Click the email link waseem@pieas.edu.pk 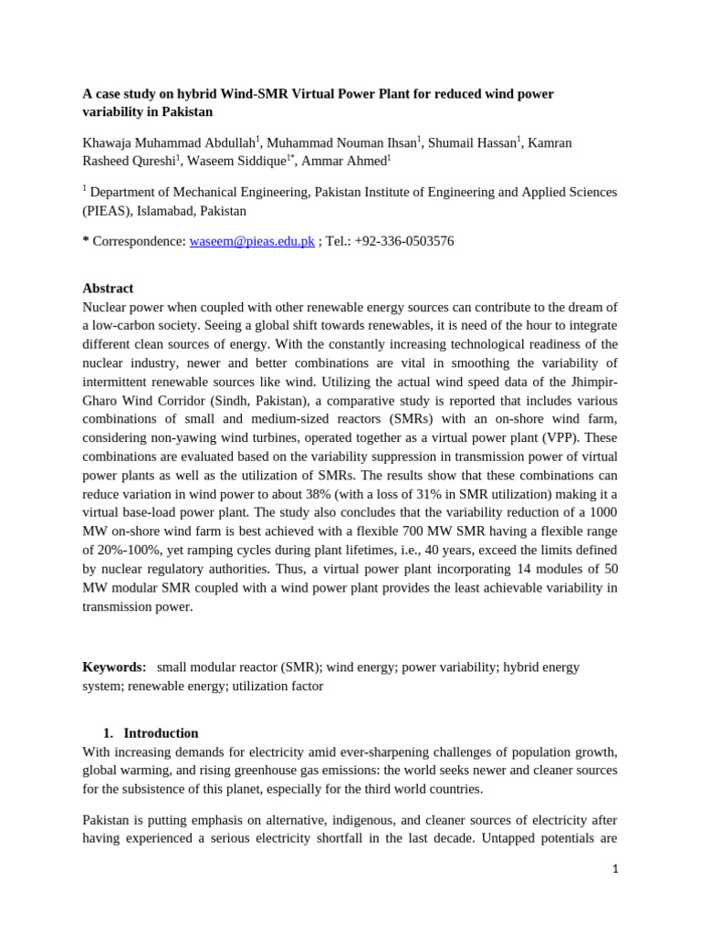(x=252, y=241)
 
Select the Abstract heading (x=108, y=289)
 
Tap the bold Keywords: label (x=114, y=667)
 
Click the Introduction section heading (x=161, y=733)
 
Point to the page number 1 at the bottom (x=615, y=869)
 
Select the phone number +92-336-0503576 (x=404, y=241)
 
